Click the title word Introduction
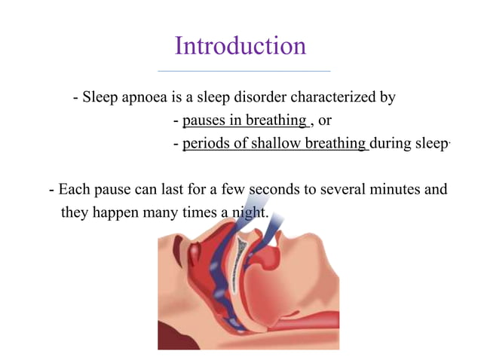[240, 46]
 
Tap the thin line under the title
[243, 71]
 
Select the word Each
[73, 189]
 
